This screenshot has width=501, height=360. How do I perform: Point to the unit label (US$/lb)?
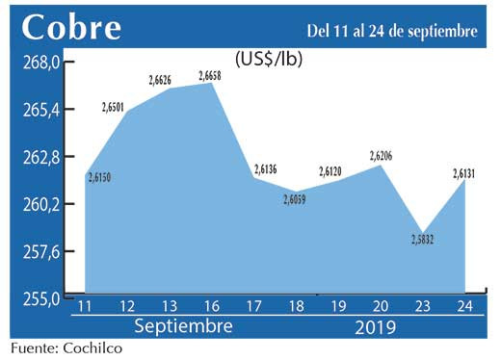coord(270,59)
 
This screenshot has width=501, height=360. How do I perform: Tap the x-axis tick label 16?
coord(211,307)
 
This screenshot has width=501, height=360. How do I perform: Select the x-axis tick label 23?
coord(423,307)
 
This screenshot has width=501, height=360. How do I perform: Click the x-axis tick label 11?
coord(85,307)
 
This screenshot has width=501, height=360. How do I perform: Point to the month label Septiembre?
coord(183,326)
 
